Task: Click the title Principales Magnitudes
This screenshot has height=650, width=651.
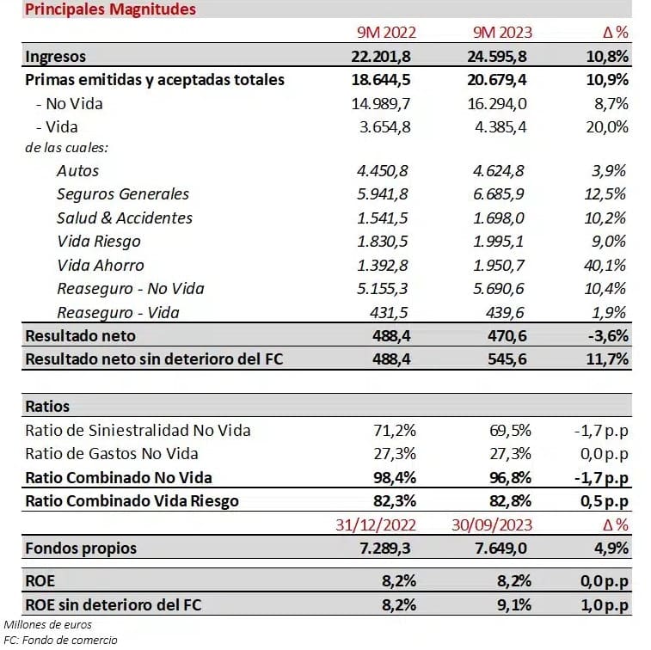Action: (x=110, y=9)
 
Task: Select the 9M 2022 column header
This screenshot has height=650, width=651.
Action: (x=386, y=33)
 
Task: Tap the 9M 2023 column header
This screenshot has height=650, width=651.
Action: (x=502, y=33)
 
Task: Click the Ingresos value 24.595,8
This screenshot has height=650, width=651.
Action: (x=497, y=56)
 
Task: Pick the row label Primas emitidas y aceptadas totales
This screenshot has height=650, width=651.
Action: (x=155, y=80)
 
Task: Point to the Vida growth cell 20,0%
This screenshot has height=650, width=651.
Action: (x=607, y=127)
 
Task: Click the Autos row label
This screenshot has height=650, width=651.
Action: (x=78, y=170)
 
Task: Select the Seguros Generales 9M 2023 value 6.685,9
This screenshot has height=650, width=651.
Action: (x=499, y=193)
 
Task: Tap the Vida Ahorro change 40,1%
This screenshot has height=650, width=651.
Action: (x=605, y=265)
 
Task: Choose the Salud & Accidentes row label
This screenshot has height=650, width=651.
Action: (x=125, y=218)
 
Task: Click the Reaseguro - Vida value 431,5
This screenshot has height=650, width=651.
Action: (x=389, y=312)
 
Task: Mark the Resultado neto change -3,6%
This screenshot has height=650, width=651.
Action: (x=608, y=335)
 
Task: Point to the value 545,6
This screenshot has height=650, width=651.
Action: (x=507, y=359)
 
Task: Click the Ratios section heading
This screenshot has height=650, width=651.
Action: (x=47, y=407)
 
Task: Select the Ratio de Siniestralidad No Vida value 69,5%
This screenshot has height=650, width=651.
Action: (x=510, y=431)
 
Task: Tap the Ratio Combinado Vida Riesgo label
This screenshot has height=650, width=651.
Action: (x=132, y=501)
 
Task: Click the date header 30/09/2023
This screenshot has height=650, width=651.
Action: (x=492, y=525)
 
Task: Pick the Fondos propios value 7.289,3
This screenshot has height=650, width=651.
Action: (x=385, y=549)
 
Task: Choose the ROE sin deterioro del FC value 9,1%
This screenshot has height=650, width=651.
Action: (x=514, y=604)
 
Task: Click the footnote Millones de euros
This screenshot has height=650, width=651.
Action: (x=48, y=625)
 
